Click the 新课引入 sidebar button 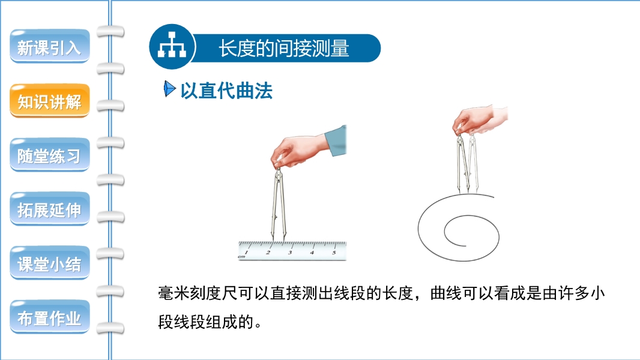[49, 46]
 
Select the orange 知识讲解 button [49, 101]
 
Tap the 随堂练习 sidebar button [49, 155]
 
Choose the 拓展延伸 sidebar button [49, 209]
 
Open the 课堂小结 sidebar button [49, 263]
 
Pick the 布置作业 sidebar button [49, 317]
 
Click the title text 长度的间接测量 [283, 48]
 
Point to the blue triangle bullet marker [169, 89]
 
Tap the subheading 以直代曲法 [226, 91]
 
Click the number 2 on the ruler [268, 253]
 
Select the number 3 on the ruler [290, 253]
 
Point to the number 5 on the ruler [334, 253]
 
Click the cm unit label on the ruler [241, 257]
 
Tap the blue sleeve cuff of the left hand [336, 140]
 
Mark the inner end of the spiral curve [466, 245]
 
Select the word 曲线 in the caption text [445, 293]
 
